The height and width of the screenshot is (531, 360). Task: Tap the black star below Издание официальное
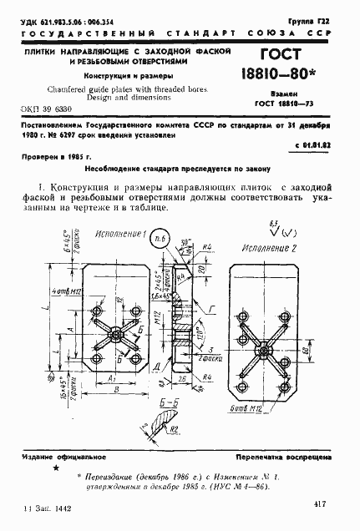57,469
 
